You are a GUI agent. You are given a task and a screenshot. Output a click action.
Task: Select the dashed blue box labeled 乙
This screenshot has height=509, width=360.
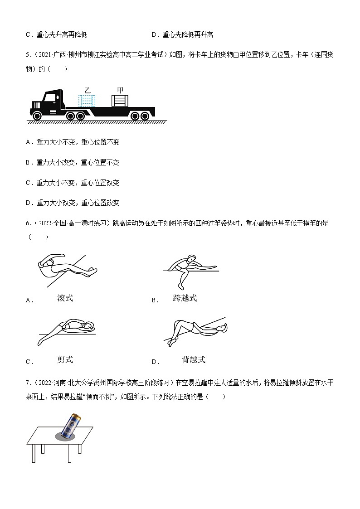(x=86, y=101)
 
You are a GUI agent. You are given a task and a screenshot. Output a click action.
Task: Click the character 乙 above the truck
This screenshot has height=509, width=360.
(x=87, y=90)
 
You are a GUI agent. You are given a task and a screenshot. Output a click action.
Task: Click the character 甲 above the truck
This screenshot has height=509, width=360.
(x=120, y=90)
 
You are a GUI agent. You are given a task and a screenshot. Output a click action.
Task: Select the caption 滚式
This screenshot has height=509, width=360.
(x=65, y=298)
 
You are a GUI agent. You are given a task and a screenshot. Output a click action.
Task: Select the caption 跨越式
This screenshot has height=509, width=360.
(x=185, y=298)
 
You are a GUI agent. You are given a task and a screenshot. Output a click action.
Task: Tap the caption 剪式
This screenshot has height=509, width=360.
(x=65, y=359)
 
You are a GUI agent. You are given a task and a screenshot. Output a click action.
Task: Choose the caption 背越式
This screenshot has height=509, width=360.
(x=193, y=359)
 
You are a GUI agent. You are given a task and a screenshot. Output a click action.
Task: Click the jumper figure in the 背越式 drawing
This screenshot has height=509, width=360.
(x=195, y=331)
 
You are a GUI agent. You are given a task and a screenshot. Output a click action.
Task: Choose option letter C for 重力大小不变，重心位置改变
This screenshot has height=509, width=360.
(x=29, y=183)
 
